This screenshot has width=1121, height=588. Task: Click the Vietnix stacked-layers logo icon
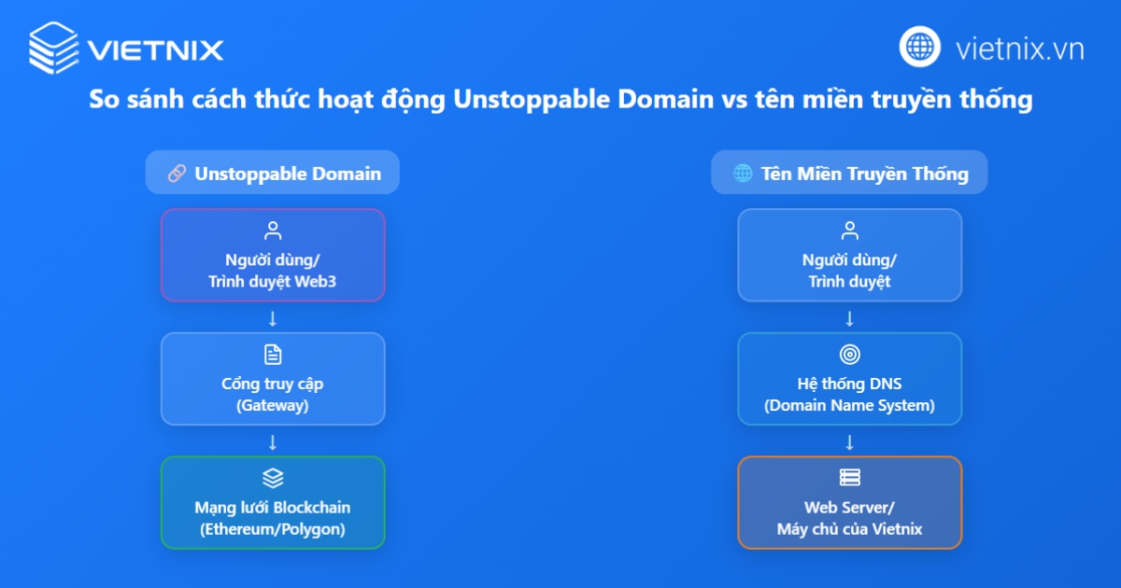point(53,48)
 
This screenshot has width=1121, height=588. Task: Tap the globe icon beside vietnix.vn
point(920,47)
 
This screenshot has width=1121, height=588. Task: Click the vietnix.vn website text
point(1020,49)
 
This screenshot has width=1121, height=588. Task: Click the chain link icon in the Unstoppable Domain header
point(177,174)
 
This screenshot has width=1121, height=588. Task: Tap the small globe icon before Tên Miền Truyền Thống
point(743,174)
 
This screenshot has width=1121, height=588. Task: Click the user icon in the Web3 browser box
point(273,231)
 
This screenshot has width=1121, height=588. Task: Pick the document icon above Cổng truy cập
point(273,355)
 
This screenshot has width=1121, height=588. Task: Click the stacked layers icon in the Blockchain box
point(273,478)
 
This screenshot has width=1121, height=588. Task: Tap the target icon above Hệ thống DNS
point(850,355)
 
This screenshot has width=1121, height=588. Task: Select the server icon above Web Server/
point(850,478)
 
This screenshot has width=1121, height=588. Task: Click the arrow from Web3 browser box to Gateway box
point(273,318)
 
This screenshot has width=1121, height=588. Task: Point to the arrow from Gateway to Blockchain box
point(273,442)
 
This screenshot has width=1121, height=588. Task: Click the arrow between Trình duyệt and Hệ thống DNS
point(850,318)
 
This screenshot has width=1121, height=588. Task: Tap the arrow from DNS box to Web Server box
point(850,442)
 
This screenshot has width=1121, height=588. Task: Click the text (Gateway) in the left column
point(273,405)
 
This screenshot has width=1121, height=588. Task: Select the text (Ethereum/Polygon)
point(273,529)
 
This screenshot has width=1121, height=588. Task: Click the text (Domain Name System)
point(850,405)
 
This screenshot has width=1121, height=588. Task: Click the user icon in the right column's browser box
point(850,231)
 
